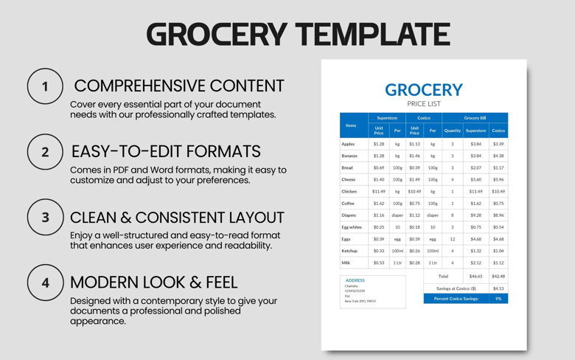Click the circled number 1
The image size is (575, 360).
coord(45,86)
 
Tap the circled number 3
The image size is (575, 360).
coord(45,217)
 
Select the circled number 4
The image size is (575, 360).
coord(45,283)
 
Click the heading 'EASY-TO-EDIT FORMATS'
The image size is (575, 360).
coord(166,151)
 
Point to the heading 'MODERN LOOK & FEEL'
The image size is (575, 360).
coord(153,282)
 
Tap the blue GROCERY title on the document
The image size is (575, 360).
coord(423,90)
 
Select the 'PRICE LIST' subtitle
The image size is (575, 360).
coord(423,104)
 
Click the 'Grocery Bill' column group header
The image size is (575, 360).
coord(475,117)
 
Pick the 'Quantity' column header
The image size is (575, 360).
coord(452,131)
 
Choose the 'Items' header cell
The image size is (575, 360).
coord(351,125)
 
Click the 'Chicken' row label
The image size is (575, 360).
coord(349,191)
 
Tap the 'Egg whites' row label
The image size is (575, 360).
coord(352,227)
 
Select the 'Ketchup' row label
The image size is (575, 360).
coord(349,251)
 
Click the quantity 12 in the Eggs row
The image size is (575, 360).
coord(452,239)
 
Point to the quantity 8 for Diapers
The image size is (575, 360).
coord(452,215)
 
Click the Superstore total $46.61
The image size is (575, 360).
coord(475,277)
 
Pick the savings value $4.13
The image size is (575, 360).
coord(498,288)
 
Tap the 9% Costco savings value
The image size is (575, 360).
coord(498,299)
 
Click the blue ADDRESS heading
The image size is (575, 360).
coord(355,280)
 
